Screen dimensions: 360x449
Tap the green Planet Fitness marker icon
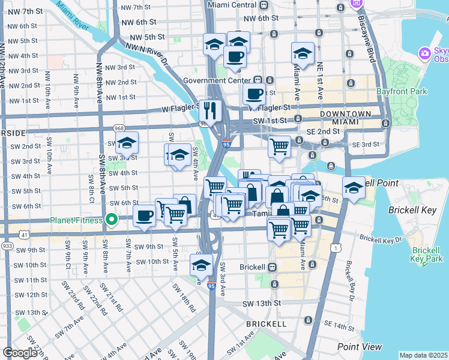(x=111, y=219)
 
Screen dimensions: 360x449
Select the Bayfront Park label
(x=402, y=92)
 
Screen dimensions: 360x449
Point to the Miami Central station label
(x=232, y=5)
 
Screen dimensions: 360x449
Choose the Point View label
(x=360, y=347)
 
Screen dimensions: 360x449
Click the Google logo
(x=20, y=353)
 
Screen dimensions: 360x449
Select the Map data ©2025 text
(x=423, y=355)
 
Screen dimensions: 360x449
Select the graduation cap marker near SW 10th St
(x=202, y=265)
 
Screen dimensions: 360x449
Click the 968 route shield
(x=119, y=128)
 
